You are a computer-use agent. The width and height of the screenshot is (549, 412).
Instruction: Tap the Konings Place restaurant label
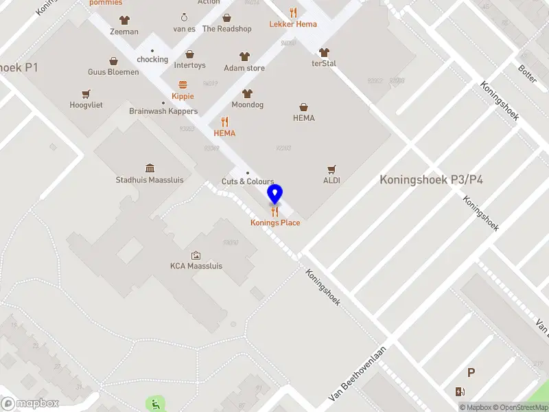274,222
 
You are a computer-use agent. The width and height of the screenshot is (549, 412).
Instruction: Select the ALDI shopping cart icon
332,169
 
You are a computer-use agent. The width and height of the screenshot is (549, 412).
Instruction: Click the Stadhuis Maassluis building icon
150,168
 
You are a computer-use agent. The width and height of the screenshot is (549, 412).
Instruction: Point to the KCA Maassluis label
196,266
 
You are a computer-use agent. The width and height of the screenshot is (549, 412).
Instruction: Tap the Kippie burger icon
183,85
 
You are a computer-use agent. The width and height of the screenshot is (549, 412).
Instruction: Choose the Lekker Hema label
293,24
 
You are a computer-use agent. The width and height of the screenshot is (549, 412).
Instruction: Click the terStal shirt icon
324,52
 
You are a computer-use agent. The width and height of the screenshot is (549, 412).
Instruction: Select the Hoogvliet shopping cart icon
86,94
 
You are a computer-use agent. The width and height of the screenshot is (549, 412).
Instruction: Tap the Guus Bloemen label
113,72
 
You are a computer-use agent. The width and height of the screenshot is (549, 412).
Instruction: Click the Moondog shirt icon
248,94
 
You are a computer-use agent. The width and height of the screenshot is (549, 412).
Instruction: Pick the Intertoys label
189,66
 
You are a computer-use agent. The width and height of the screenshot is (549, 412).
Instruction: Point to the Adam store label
244,68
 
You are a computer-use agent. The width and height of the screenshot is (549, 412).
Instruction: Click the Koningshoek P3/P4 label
432,180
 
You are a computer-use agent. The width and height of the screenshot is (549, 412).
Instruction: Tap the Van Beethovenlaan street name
358,374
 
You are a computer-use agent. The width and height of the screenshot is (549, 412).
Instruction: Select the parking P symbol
471,373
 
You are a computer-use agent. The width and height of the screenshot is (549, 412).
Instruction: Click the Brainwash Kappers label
163,111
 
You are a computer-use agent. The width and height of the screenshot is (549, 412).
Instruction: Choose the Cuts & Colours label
248,181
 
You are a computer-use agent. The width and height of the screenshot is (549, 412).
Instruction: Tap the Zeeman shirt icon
124,21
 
